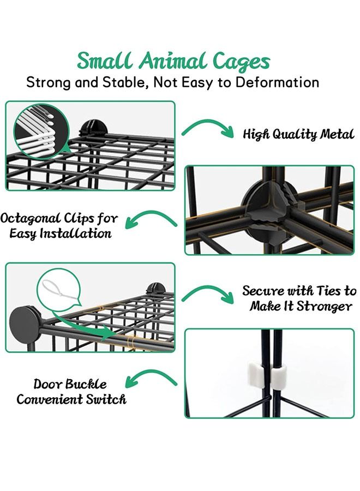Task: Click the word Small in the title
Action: point(103,61)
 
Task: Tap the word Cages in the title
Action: point(240,62)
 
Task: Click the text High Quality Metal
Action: point(298,134)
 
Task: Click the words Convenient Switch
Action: point(71,399)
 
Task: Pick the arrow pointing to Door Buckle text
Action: point(151,377)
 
